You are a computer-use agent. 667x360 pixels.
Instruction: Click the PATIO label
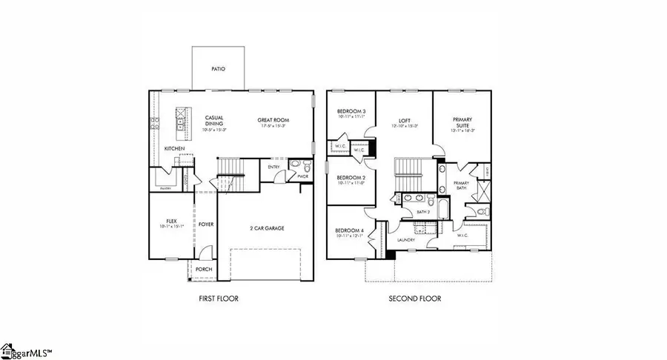[218, 69]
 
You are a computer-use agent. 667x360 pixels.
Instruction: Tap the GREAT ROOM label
[273, 120]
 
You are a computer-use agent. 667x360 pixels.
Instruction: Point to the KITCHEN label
[175, 149]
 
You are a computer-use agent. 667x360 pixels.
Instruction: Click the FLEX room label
[170, 221]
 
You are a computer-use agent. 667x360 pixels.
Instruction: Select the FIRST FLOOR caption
[218, 299]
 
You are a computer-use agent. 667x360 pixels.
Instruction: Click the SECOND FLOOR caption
[415, 299]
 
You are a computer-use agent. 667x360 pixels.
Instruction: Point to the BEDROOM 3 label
[351, 113]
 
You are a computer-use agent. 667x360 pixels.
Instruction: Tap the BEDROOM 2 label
[351, 179]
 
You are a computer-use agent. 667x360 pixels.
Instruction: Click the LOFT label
[404, 120]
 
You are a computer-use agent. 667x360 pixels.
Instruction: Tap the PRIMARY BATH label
[461, 185]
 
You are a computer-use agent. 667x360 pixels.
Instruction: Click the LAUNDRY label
[405, 240]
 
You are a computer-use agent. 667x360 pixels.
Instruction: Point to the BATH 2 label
[423, 213]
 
